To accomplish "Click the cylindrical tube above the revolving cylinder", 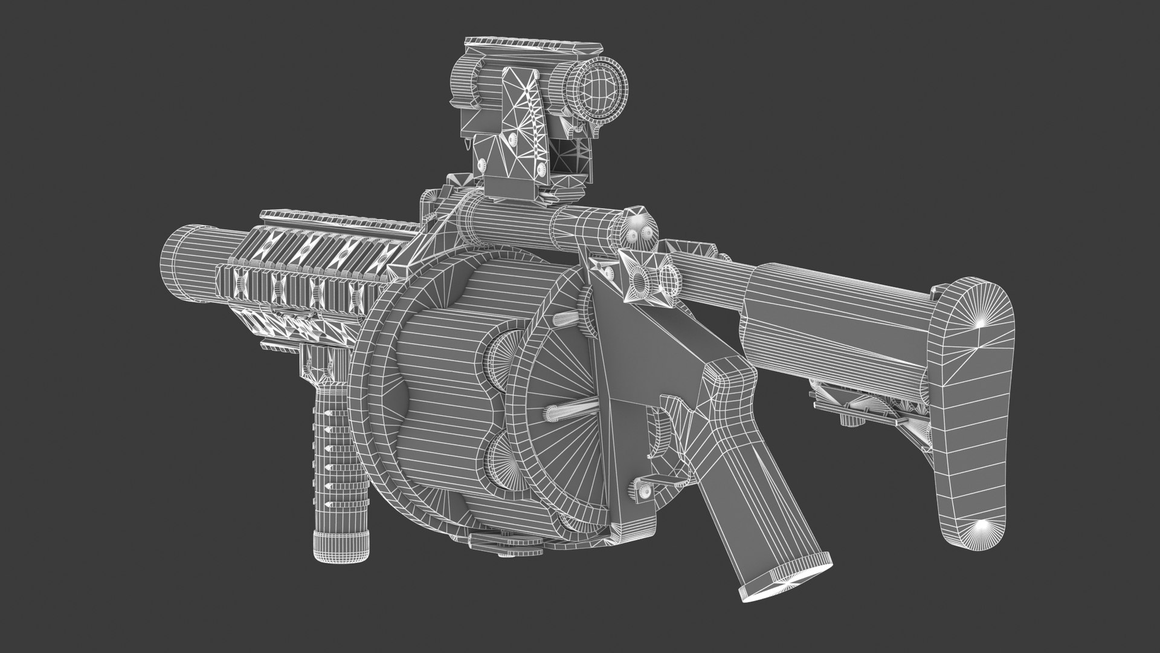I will pos(538,229).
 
